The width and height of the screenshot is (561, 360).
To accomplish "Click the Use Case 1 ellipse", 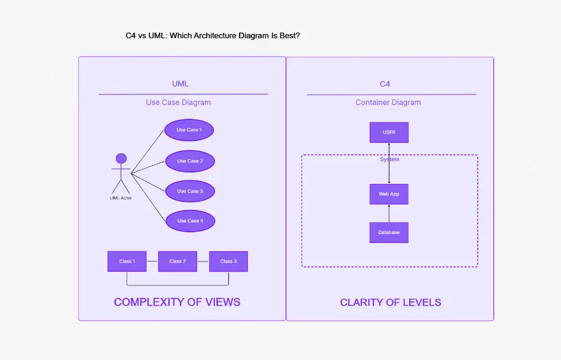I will (189, 130).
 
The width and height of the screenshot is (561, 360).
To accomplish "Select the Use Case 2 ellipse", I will (189, 161).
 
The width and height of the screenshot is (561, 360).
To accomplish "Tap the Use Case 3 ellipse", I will (189, 191).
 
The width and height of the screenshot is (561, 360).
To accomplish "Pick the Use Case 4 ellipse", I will (190, 221).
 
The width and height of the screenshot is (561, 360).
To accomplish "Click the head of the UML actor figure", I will (121, 159).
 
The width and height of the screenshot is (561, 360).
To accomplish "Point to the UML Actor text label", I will (121, 198).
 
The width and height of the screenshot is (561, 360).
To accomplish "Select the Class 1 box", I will (127, 261).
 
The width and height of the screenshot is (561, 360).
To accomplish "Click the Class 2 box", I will (177, 261).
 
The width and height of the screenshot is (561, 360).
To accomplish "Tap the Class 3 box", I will (228, 261).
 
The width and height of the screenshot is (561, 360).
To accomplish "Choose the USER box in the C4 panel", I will (389, 133).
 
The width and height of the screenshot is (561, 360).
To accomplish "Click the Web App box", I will (389, 194).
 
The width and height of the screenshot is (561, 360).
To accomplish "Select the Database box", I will (389, 232).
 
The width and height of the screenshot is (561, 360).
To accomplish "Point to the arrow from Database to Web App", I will (389, 213).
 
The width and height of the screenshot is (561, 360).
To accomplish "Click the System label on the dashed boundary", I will (390, 160).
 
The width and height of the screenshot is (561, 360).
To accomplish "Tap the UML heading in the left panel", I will (180, 84).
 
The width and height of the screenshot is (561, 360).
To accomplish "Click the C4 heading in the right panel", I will (385, 84).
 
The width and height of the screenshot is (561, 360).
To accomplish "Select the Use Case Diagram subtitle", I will (178, 103).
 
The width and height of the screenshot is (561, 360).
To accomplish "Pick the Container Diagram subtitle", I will (388, 103).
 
